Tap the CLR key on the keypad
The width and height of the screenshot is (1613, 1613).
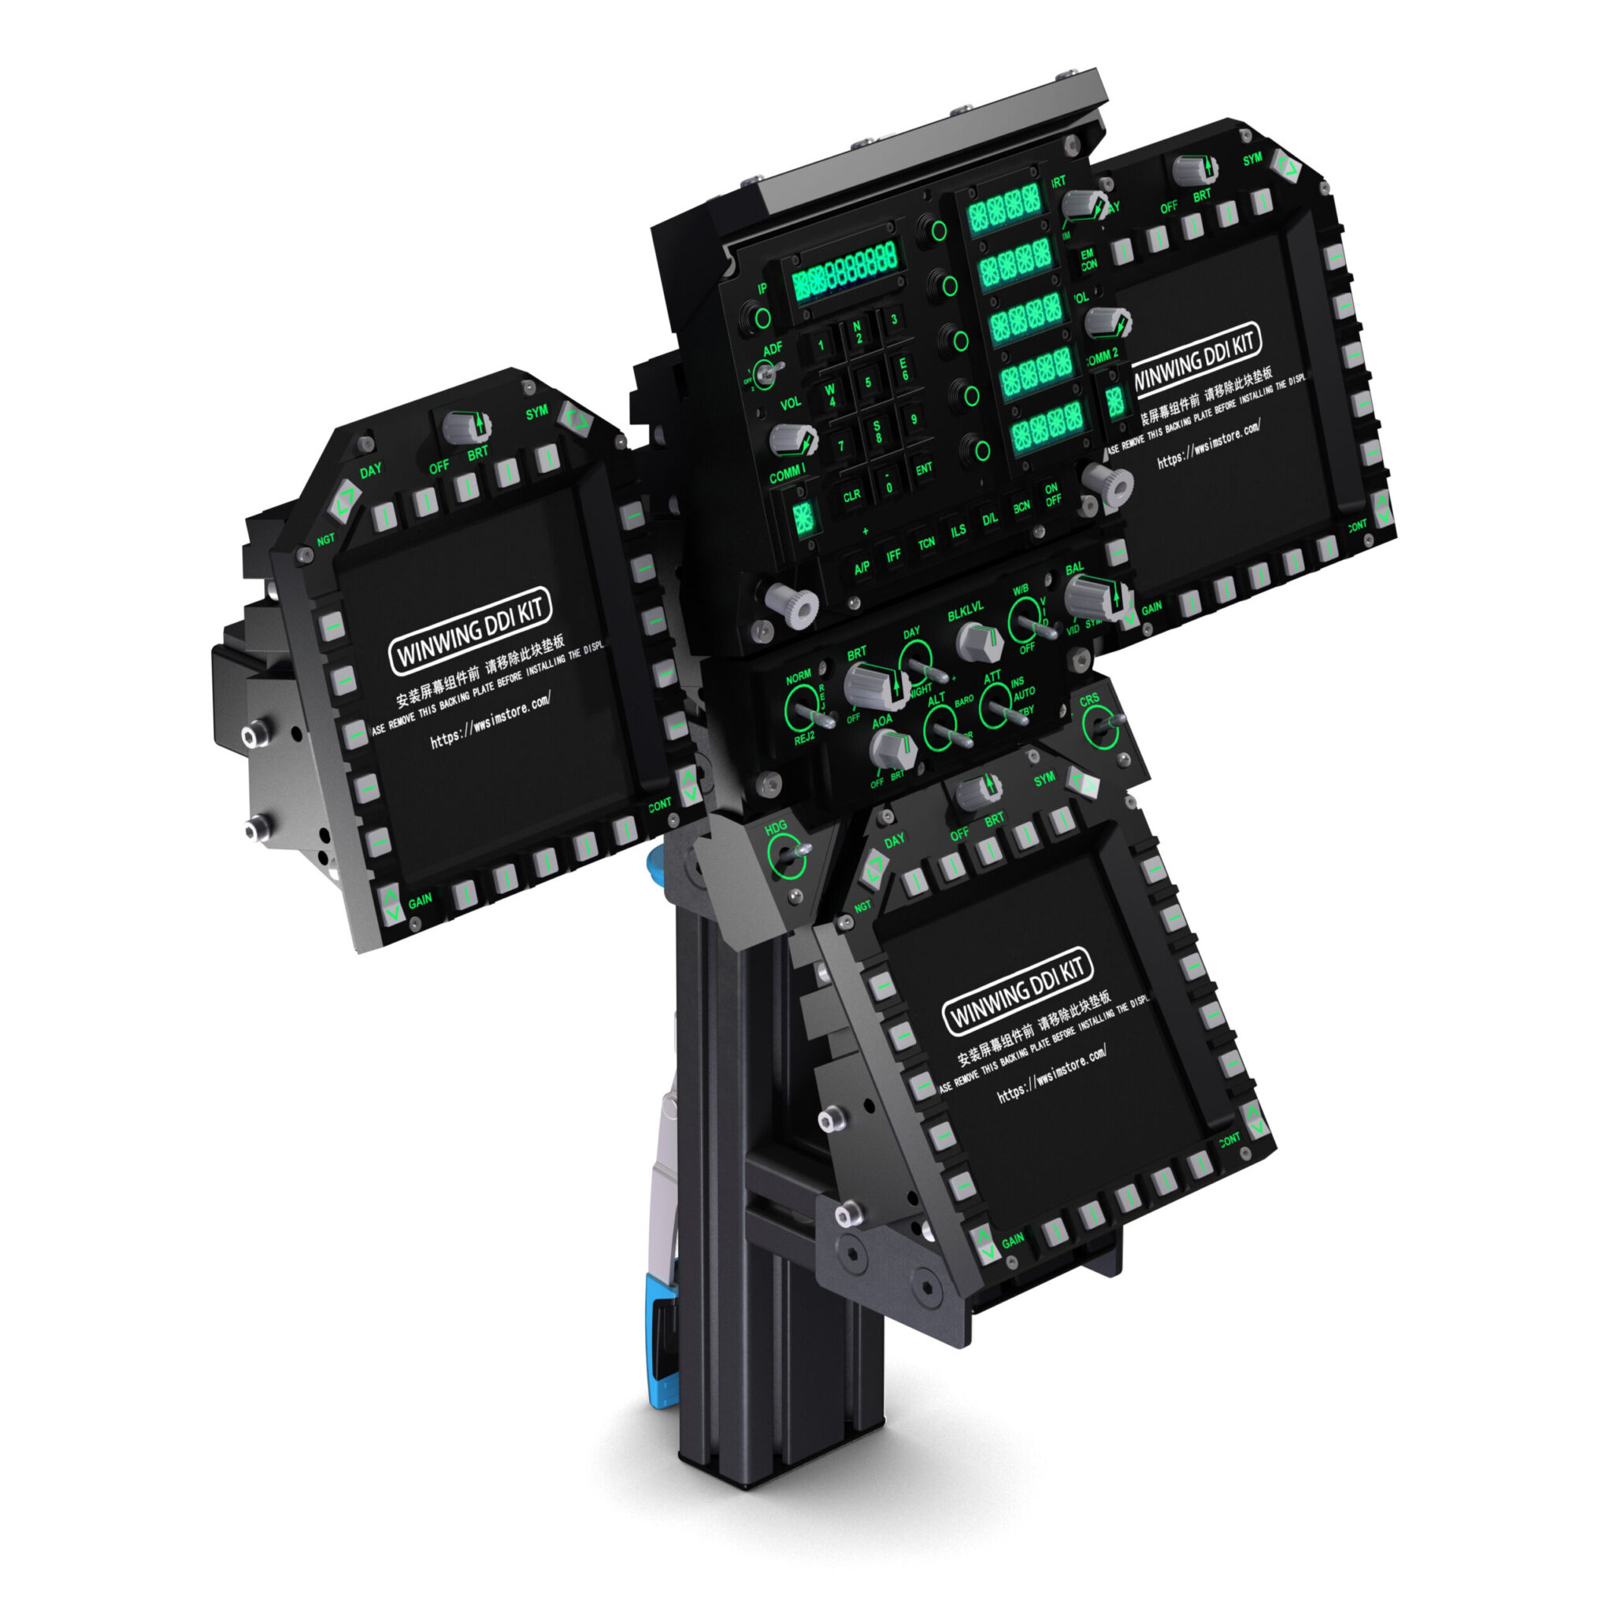851,496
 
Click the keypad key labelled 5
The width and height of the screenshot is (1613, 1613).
867,384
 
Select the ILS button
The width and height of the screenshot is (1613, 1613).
958,531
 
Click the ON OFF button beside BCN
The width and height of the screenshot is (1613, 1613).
1052,495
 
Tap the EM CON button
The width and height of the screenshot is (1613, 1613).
1088,260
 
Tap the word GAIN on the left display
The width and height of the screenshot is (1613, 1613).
420,900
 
